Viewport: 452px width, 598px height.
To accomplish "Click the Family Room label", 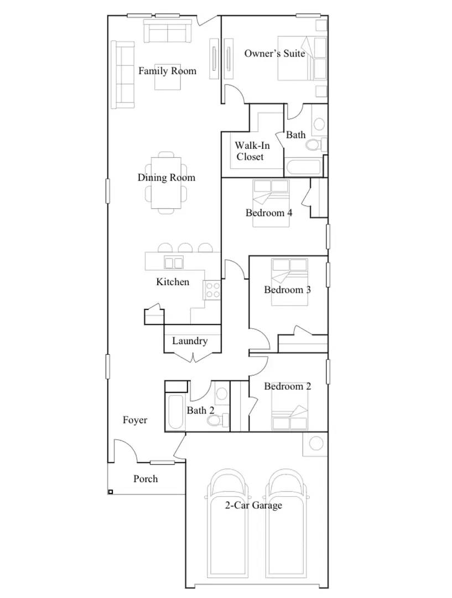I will pyautogui.click(x=167, y=71).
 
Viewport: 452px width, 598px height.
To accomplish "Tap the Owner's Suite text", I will pyautogui.click(x=274, y=54).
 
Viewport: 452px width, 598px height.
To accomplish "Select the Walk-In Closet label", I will pyautogui.click(x=252, y=151).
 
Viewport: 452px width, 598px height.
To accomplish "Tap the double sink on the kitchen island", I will pyautogui.click(x=174, y=262).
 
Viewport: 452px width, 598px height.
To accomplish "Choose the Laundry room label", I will pyautogui.click(x=189, y=341).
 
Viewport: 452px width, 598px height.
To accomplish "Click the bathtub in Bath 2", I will pyautogui.click(x=175, y=413).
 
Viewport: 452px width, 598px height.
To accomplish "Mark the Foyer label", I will pyautogui.click(x=135, y=420).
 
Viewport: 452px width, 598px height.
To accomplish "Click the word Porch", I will pyautogui.click(x=146, y=479).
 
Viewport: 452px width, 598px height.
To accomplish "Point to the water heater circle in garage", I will pyautogui.click(x=316, y=443).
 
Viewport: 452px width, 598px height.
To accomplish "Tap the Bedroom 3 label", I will pyautogui.click(x=287, y=290).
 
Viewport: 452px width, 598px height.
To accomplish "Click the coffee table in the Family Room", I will pyautogui.click(x=167, y=76).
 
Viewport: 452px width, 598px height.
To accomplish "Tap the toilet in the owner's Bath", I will pyautogui.click(x=314, y=145).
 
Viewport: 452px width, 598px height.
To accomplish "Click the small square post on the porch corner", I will pyautogui.click(x=111, y=492).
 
